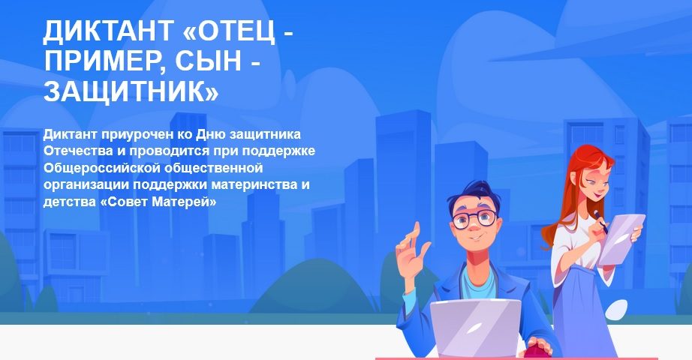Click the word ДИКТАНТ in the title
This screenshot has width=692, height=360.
(x=109, y=31)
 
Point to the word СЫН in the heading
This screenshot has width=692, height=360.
(x=209, y=61)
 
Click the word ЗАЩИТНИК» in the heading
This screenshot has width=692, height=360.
(x=131, y=91)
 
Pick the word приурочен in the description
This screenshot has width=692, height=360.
(x=135, y=134)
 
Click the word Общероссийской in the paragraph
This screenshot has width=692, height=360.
(x=100, y=168)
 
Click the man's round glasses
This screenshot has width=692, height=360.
(x=474, y=219)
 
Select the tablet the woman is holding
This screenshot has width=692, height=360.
(x=621, y=238)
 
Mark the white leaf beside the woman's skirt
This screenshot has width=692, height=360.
(x=616, y=309)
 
